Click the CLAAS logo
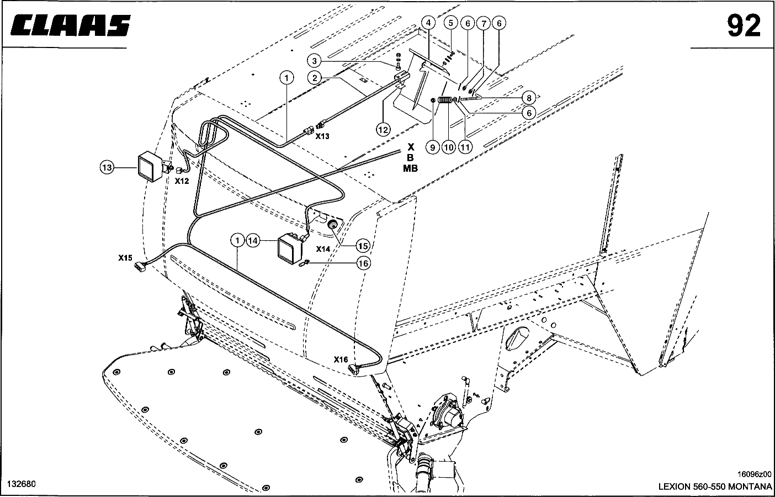pos(71,25)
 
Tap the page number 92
pos(744,27)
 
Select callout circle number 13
pos(107,168)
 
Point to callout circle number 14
pos(253,241)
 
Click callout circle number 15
pos(363,246)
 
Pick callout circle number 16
pos(363,264)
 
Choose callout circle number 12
pos(383,130)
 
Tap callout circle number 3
pos(314,61)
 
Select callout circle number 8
pos(529,98)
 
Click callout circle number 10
pos(449,148)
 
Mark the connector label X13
pos(322,136)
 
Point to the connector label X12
pos(182,181)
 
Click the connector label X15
pos(125,258)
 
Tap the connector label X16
pos(341,359)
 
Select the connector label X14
pos(323,249)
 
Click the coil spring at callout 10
pos(445,100)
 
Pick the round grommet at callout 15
pos(332,225)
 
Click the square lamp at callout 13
pos(150,167)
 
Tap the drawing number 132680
pos(22,484)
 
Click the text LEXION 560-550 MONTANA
pos(715,487)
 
